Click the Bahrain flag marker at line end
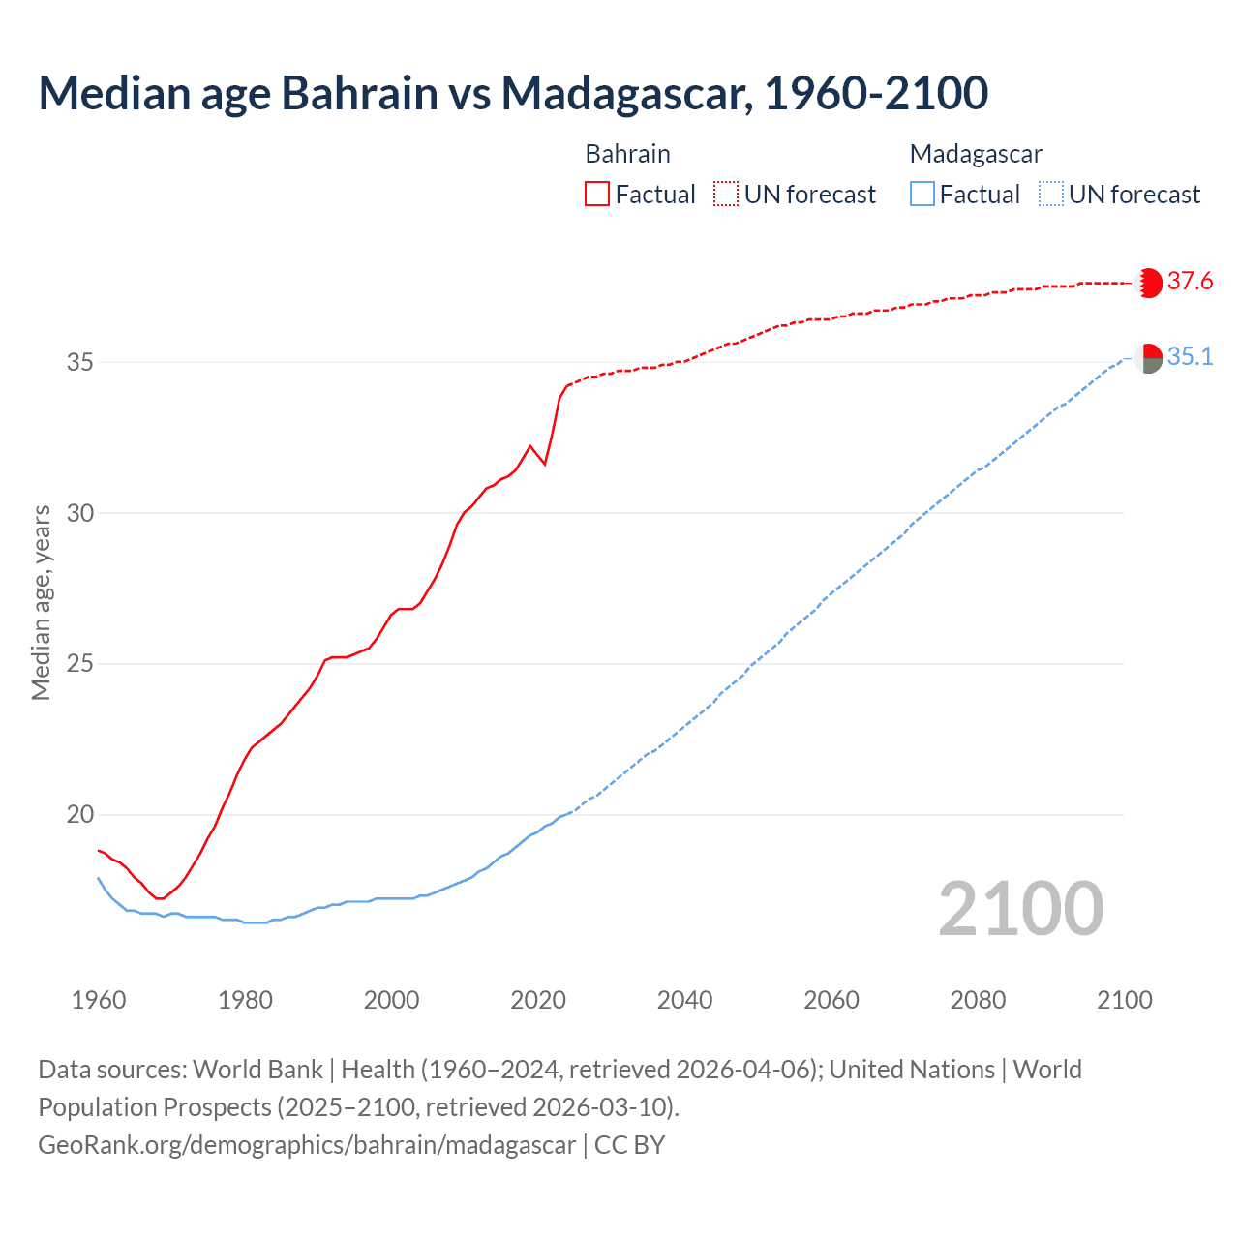click(1148, 283)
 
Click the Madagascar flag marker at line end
click(1148, 358)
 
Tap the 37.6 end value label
click(1190, 282)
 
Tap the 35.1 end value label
click(1190, 357)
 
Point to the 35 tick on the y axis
click(80, 362)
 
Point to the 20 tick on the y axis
click(80, 815)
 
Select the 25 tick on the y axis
click(80, 664)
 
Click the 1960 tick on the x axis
click(99, 1000)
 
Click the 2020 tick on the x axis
click(538, 1000)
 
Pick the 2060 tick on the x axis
click(831, 1000)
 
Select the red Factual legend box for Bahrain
click(597, 195)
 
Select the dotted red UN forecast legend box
click(726, 195)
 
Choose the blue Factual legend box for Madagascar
click(922, 195)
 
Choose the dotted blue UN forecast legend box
click(1051, 195)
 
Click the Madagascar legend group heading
click(976, 154)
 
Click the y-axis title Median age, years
click(41, 602)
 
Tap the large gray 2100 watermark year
click(1020, 908)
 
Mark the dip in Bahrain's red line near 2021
click(545, 464)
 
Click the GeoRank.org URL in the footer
click(307, 1145)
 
